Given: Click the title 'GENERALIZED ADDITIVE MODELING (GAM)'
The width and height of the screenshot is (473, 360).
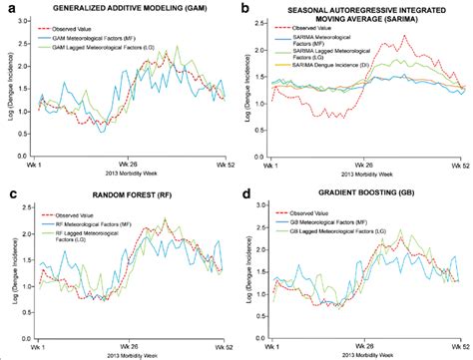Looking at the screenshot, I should (127, 10).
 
